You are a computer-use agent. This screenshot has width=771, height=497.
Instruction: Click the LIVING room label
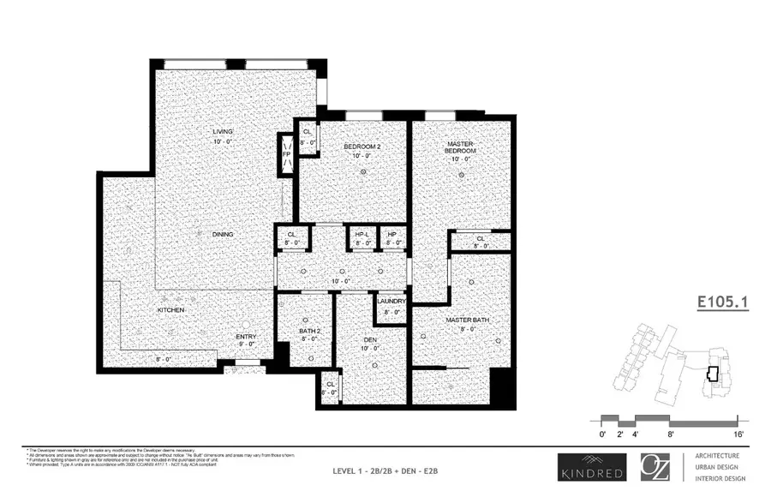click(x=223, y=131)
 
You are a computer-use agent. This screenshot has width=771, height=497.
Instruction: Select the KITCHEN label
click(x=170, y=309)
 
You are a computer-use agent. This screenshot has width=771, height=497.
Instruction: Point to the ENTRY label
click(x=246, y=337)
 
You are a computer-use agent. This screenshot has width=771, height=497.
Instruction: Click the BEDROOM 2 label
click(x=362, y=147)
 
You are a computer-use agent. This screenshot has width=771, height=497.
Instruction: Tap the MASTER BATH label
click(x=468, y=320)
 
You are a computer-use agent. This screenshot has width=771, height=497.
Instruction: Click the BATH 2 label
click(x=309, y=330)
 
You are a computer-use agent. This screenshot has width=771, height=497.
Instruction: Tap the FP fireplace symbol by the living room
click(x=287, y=156)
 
